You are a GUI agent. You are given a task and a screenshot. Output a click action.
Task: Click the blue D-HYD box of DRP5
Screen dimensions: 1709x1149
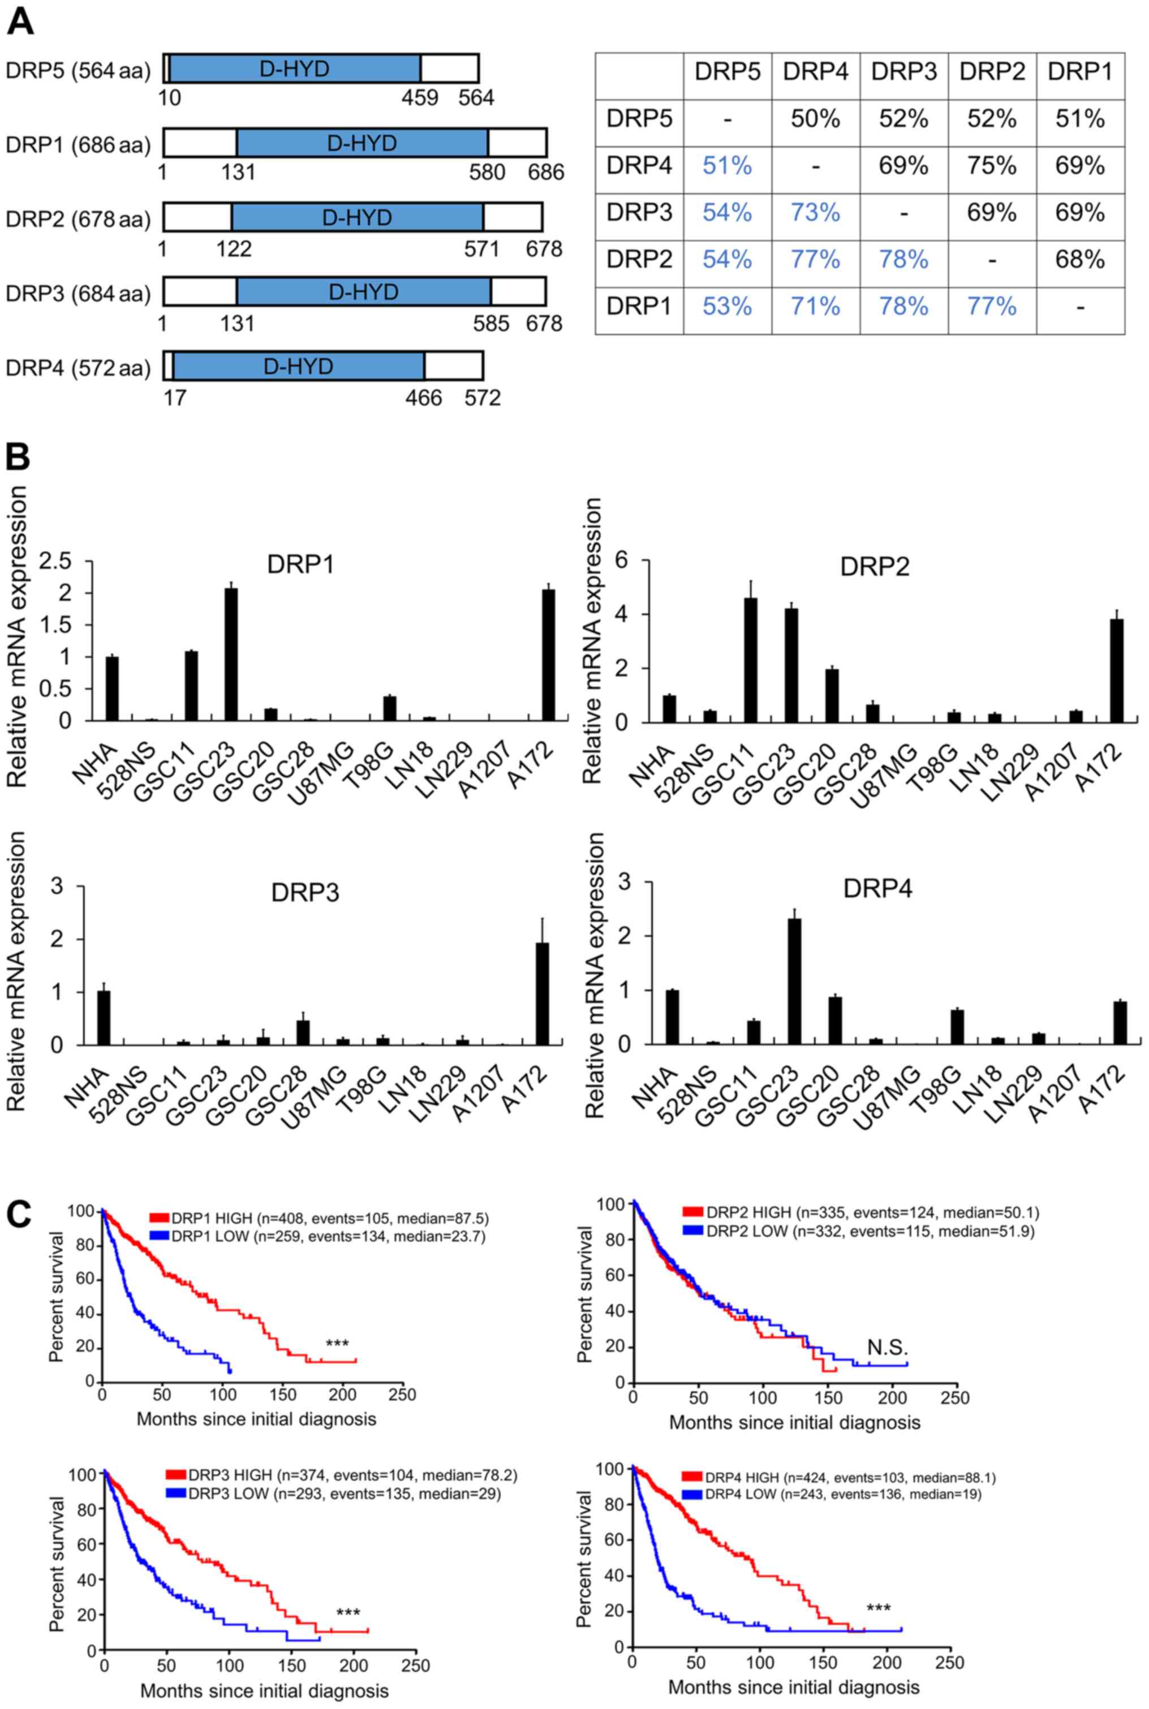pos(295,68)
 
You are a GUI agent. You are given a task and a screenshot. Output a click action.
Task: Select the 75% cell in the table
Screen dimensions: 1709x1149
pos(992,166)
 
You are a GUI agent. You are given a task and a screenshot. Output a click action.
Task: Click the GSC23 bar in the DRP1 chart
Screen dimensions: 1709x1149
pos(231,653)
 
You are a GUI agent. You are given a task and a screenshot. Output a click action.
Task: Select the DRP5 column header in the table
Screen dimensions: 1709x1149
pos(727,72)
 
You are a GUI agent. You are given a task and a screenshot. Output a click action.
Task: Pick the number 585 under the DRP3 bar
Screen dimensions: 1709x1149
pos(490,322)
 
